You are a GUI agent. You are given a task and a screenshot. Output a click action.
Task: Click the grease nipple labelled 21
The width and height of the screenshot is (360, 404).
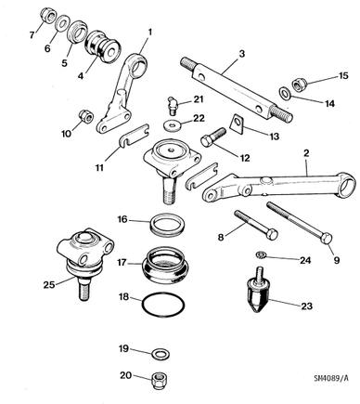coord(171,106)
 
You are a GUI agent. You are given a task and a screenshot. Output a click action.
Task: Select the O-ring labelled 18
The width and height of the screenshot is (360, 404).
coord(163,295)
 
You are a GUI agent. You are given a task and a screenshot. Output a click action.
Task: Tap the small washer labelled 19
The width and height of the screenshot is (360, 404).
coord(161,354)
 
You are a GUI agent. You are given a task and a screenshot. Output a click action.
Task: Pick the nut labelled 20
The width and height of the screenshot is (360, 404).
coord(159,381)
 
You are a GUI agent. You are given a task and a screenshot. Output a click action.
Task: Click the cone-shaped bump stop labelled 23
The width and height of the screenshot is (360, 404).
coord(259,290)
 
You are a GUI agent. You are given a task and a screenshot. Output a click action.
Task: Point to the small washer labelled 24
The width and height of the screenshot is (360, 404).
coord(262,255)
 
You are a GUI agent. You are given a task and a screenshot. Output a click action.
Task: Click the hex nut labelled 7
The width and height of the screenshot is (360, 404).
coord(48,16)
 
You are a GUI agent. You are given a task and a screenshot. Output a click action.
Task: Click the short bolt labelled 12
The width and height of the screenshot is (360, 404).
coord(213,137)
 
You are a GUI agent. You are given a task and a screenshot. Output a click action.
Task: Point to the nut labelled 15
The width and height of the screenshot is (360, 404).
coord(299,84)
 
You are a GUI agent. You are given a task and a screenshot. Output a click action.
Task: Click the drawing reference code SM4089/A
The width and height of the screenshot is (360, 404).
coord(331,378)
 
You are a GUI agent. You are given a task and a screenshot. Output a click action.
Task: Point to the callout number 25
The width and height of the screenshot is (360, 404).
coord(49,284)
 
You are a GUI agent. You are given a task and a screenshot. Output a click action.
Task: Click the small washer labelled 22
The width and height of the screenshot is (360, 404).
coord(171,125)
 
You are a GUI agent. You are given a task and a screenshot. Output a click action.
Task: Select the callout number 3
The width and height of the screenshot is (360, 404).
coord(242,54)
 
